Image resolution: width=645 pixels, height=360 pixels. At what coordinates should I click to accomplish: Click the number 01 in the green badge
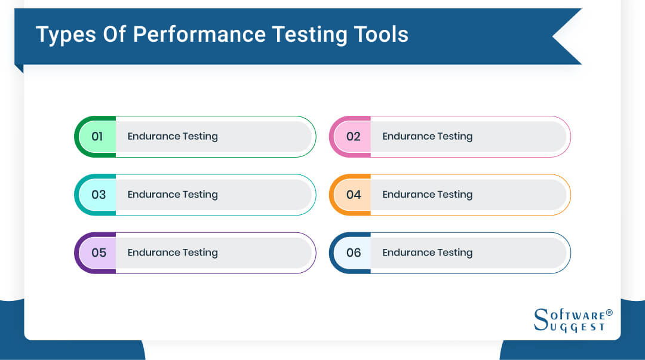click(97, 136)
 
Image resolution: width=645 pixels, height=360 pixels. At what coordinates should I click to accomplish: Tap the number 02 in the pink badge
click(354, 136)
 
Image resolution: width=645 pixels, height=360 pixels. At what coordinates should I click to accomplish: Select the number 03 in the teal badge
click(99, 195)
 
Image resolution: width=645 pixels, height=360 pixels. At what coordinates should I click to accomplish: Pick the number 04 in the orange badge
click(354, 195)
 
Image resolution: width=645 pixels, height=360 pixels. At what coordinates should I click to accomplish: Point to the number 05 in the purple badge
click(99, 253)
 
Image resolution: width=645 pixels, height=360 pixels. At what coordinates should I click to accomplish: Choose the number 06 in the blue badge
click(354, 253)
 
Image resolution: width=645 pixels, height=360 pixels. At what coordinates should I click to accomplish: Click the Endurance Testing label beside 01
click(173, 136)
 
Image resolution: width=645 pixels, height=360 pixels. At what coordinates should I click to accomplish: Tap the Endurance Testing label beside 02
click(428, 136)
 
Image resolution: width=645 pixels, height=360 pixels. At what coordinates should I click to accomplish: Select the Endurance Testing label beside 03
click(173, 195)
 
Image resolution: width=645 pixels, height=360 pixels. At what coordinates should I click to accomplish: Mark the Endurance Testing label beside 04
click(428, 195)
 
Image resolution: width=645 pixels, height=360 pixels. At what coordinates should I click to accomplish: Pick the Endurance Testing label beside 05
click(173, 253)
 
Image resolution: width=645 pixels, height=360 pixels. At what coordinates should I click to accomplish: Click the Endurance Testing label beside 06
click(428, 253)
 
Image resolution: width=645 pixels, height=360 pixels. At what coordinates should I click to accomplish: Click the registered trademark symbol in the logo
click(609, 312)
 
